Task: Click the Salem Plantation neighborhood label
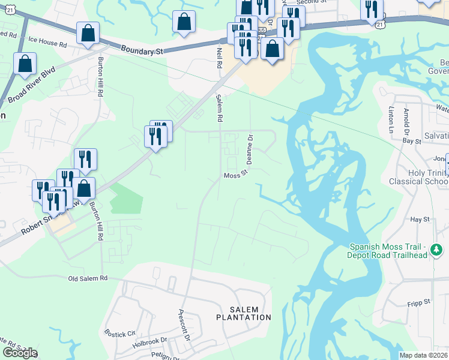pyautogui.click(x=243, y=312)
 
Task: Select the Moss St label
pyautogui.click(x=236, y=175)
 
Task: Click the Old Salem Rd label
pyautogui.click(x=88, y=278)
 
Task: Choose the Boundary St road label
pyautogui.click(x=142, y=52)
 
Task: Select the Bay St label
pyautogui.click(x=411, y=140)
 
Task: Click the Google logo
pyautogui.click(x=19, y=353)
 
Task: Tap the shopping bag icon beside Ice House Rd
pyautogui.click(x=88, y=35)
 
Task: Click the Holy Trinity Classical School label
pyautogui.click(x=427, y=177)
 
